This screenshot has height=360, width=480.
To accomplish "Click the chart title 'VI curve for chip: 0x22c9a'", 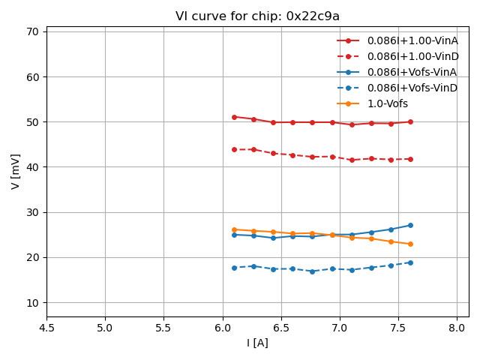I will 257,16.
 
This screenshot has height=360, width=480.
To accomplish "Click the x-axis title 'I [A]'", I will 257,343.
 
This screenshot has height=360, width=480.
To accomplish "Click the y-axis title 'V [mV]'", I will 16,172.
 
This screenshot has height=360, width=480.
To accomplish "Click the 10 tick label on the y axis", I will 32,303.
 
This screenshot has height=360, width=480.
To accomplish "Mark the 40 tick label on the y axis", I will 32,167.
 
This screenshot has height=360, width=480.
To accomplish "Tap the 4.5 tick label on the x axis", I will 46,328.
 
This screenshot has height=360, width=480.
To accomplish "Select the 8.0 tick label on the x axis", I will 457,328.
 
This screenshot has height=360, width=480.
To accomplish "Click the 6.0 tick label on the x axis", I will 222,328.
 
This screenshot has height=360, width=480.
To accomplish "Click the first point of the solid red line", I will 234,117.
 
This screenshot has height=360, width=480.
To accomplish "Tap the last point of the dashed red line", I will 410,159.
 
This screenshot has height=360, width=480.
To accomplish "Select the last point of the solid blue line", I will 410,225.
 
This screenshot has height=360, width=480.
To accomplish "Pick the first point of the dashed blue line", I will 234,268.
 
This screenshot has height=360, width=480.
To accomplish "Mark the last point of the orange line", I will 410,244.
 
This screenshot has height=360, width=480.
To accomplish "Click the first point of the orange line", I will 234,229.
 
